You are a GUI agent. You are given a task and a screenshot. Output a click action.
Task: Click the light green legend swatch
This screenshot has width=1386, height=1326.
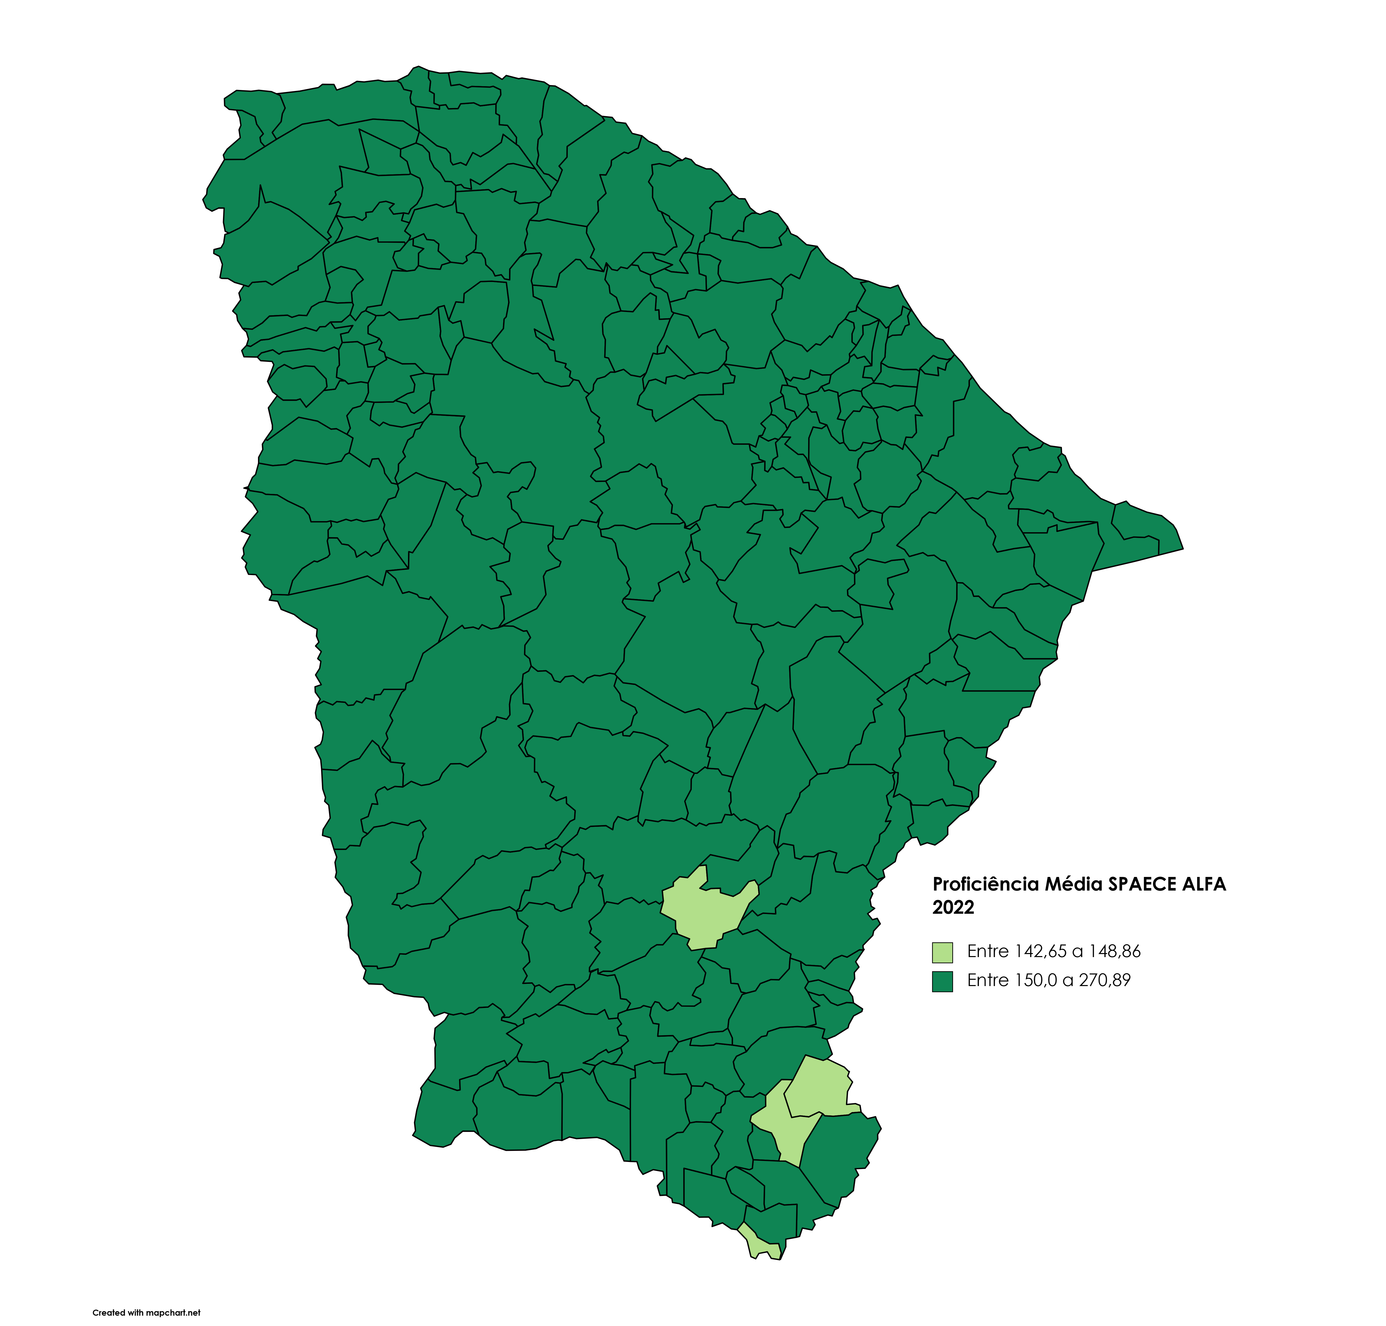tap(942, 952)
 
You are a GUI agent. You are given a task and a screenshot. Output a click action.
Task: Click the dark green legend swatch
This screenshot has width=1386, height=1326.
tap(942, 981)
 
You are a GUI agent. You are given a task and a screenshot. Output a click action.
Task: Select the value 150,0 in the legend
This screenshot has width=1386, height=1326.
tap(1036, 980)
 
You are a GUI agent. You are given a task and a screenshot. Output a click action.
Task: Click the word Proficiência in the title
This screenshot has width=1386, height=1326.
tap(975, 884)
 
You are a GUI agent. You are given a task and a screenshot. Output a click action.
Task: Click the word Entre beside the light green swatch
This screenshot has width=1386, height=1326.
tap(987, 951)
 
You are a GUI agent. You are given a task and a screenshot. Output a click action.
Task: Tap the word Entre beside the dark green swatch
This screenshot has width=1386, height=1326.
tap(987, 980)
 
